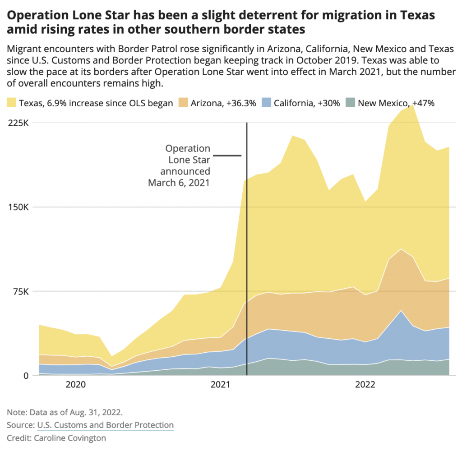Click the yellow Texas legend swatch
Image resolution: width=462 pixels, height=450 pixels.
(12, 103)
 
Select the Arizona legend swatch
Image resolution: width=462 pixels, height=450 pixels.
(184, 103)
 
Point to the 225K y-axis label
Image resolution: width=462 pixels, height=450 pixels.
(19, 123)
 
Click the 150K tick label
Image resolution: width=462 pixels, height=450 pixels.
(19, 207)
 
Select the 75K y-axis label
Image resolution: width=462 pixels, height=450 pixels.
(21, 291)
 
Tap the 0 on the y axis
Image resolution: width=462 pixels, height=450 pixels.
(26, 375)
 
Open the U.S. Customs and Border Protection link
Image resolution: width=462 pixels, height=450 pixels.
(105, 425)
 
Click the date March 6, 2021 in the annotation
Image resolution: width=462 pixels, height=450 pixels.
(179, 183)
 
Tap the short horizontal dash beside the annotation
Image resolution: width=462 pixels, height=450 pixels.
(227, 156)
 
